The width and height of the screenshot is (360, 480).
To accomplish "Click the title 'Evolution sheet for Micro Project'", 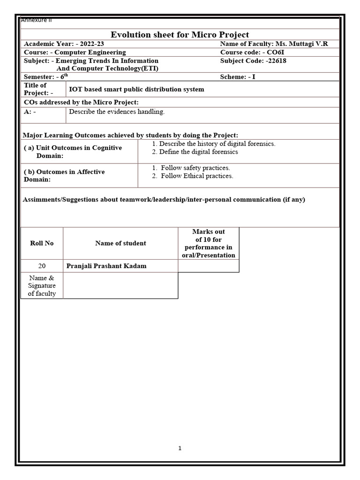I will point(180,35).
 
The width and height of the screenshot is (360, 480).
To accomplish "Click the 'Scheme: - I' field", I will point(238,77).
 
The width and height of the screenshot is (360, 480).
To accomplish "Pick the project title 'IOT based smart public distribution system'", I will point(136,89).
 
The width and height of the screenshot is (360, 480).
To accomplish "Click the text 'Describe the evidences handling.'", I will point(117,112).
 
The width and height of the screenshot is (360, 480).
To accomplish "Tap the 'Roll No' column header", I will point(42,243).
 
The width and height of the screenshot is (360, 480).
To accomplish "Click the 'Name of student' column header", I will point(120,243).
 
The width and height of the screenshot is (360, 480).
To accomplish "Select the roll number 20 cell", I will point(42,266).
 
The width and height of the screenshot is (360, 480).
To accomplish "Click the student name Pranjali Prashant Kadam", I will point(106,266).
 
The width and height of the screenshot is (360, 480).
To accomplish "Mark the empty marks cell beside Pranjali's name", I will point(208,266).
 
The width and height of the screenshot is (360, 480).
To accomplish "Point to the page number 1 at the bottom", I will point(180,448).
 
